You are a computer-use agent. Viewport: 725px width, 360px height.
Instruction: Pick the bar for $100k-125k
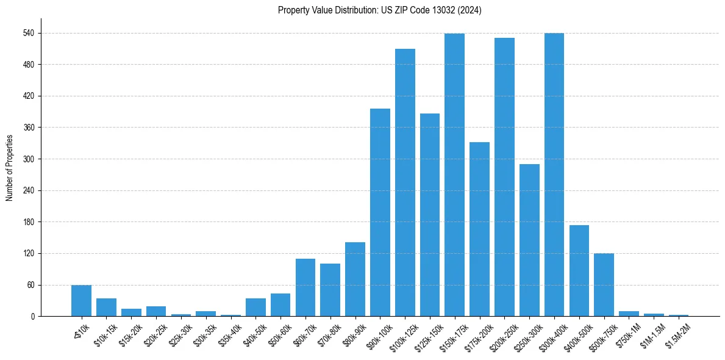pos(405,182)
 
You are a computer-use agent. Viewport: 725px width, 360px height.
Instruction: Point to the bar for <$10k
pos(81,301)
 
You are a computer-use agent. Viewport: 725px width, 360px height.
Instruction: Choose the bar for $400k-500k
pos(579,271)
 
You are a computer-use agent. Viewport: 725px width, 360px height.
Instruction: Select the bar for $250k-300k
pos(529,240)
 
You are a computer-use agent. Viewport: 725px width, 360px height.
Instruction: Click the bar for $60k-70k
pos(305,287)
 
